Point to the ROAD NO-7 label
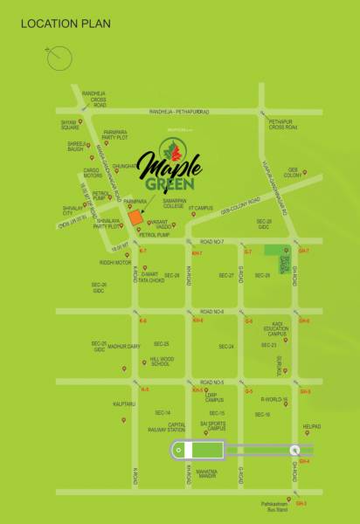[x=211, y=241]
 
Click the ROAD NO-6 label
[x=211, y=312]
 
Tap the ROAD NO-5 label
[x=211, y=383]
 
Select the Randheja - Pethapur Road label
[x=179, y=113]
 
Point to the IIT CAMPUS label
[x=204, y=208]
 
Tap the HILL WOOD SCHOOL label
[x=160, y=361]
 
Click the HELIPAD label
[x=312, y=427]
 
